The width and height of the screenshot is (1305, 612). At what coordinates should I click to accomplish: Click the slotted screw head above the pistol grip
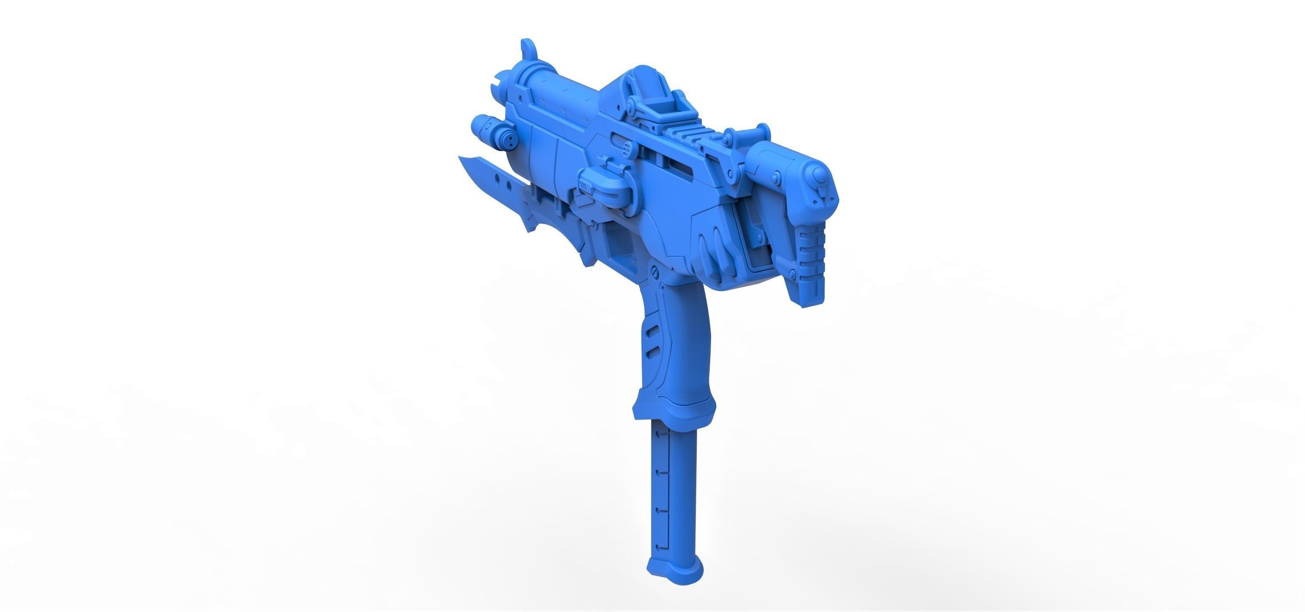tap(654, 274)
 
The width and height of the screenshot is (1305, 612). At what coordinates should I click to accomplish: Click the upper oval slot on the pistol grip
tap(653, 331)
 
